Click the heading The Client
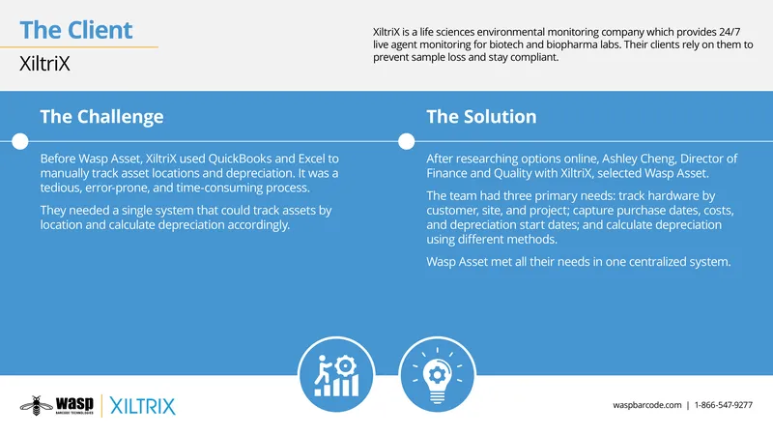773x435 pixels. click(76, 30)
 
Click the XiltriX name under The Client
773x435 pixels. click(44, 64)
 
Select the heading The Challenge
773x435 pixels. click(101, 117)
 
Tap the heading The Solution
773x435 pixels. click(481, 116)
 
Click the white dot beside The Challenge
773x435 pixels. click(19, 141)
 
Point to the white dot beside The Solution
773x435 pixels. click(406, 141)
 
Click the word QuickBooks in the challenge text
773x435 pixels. click(240, 159)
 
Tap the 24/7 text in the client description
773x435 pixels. click(730, 32)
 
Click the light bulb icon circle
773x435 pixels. click(438, 374)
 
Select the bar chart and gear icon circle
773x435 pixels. click(336, 374)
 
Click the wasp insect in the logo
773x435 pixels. click(37, 405)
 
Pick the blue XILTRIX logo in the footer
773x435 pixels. click(142, 406)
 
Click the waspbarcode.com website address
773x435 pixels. click(646, 405)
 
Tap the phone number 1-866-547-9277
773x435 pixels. click(723, 405)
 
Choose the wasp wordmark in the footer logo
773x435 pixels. click(74, 403)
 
